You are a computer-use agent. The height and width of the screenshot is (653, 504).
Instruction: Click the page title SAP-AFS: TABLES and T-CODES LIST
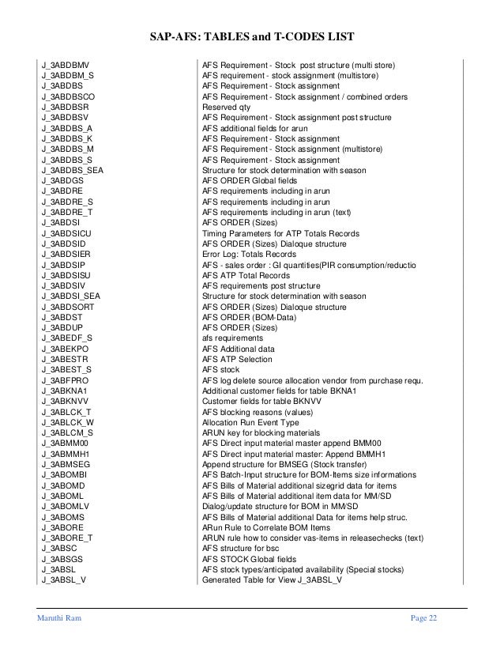point(252,37)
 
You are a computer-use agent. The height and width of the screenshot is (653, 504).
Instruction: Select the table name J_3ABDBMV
point(66,63)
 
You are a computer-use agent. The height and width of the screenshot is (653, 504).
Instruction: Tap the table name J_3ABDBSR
point(66,106)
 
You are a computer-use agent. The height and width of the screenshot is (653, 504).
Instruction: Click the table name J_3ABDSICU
point(70,234)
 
